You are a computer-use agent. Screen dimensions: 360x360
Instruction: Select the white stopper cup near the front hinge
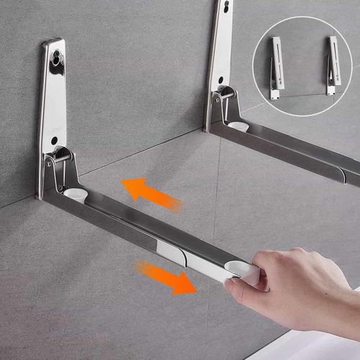[73, 193]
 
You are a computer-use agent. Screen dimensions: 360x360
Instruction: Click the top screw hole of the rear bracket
[228, 6]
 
